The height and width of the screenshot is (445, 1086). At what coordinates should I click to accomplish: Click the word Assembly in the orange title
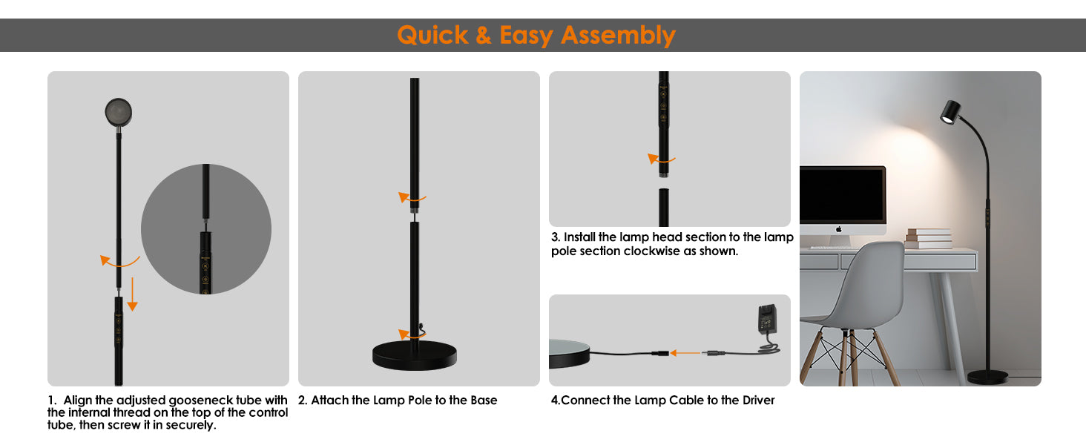[x=618, y=36]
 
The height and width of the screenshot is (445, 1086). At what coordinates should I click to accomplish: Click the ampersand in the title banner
[x=484, y=35]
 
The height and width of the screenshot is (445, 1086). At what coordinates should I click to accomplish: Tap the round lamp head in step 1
[x=118, y=112]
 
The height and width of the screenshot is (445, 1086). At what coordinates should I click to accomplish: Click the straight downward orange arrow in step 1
[x=132, y=294]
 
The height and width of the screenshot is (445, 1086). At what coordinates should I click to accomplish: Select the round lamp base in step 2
[x=415, y=355]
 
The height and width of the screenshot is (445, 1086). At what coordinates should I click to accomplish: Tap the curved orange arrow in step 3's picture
[x=660, y=159]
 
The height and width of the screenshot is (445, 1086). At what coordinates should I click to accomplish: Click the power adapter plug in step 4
[x=767, y=319]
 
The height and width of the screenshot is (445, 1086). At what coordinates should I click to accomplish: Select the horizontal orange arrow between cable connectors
[x=685, y=353]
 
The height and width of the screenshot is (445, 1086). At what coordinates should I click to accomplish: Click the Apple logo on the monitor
[x=839, y=228]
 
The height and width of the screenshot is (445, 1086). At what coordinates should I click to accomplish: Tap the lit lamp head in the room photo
[x=950, y=112]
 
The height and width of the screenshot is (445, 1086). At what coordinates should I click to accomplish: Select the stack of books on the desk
[x=929, y=238]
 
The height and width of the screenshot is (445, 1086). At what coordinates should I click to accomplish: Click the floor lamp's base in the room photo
[x=987, y=377]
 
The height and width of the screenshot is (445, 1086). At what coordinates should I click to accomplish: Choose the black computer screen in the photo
[x=842, y=195]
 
